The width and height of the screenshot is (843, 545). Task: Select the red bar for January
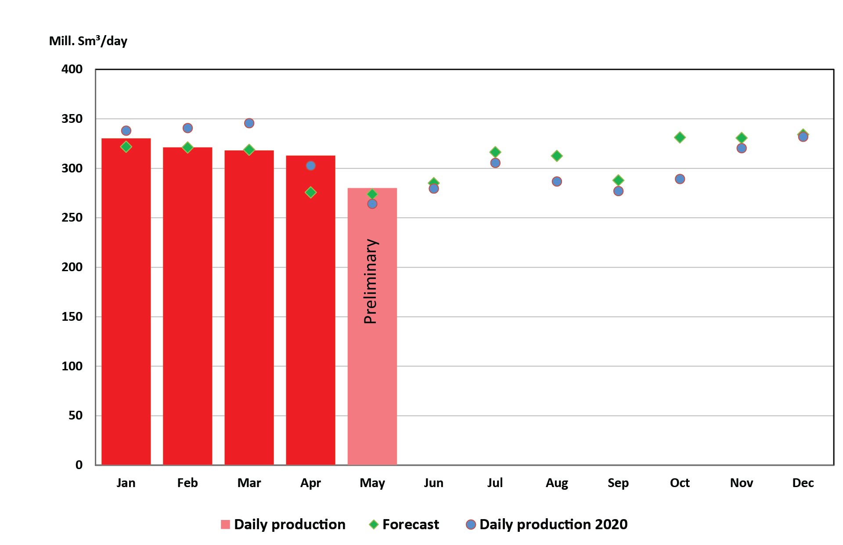[x=126, y=303]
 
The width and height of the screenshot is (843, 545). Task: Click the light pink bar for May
[x=372, y=373]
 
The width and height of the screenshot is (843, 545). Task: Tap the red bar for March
[x=249, y=307]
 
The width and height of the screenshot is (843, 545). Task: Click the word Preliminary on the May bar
[x=371, y=281]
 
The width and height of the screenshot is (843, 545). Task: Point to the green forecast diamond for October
[x=680, y=137]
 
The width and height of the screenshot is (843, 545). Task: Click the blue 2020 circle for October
[x=680, y=179]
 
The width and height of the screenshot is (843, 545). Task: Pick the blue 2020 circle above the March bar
[x=249, y=123]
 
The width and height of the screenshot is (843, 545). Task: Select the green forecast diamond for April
[x=310, y=192]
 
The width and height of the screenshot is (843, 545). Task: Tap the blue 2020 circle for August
[x=557, y=181]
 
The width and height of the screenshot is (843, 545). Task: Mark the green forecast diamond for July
[x=495, y=152]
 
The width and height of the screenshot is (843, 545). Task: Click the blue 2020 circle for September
[x=618, y=191]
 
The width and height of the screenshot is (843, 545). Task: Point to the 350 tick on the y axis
[x=72, y=119]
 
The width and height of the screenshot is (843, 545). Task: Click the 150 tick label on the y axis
[x=72, y=316]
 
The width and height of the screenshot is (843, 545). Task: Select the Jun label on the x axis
[x=433, y=483]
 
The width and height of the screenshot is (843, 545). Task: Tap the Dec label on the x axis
[x=803, y=483]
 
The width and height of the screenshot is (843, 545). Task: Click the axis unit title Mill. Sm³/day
[x=88, y=41]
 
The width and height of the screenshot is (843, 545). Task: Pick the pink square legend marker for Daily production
[x=225, y=524]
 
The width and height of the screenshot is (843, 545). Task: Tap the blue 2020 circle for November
[x=741, y=148]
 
